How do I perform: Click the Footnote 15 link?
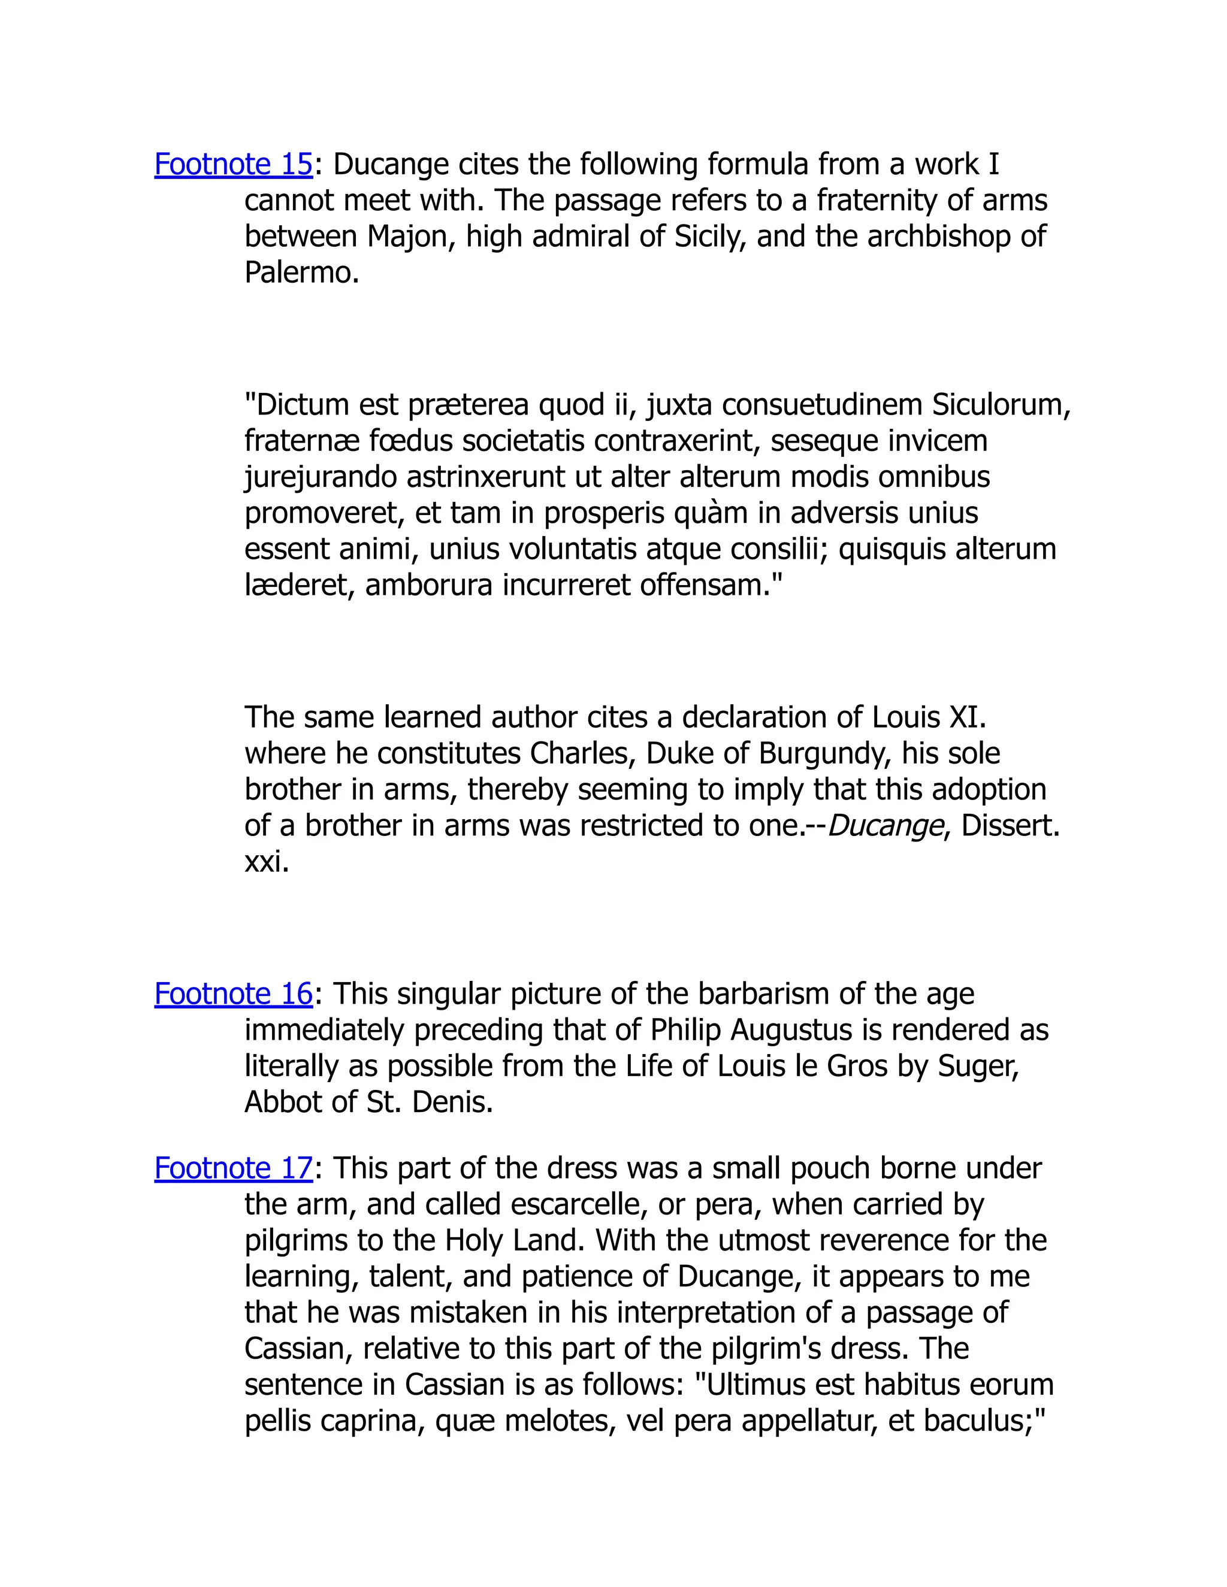tap(232, 164)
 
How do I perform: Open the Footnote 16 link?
tap(232, 994)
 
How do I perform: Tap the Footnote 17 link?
tap(232, 1168)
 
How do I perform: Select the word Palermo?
tap(300, 273)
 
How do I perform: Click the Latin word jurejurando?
tap(321, 477)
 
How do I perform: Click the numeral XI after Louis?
tap(968, 718)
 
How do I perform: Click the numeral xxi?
tap(266, 862)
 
